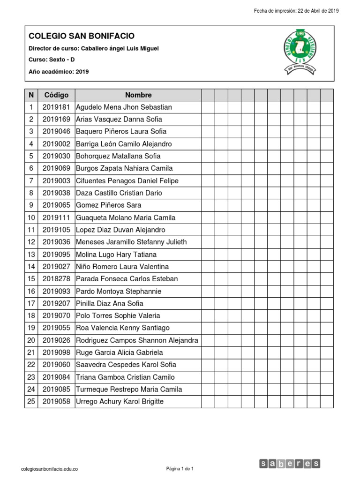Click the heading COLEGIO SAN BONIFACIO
tap(82, 36)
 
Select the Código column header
tap(56, 95)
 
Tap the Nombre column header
tap(138, 95)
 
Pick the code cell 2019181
tap(56, 107)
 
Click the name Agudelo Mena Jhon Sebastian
tap(124, 107)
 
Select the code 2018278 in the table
tap(56, 279)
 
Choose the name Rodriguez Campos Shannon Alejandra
tap(137, 340)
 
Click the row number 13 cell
tap(31, 255)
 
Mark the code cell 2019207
tap(56, 303)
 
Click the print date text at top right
tap(296, 11)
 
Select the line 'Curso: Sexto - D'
tap(52, 60)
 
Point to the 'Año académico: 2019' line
tap(59, 72)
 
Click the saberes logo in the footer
tap(290, 464)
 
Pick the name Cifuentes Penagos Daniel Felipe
tap(127, 181)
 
